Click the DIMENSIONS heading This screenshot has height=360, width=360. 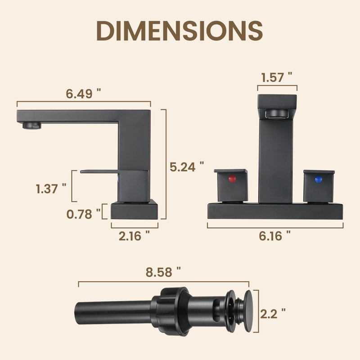[180, 31]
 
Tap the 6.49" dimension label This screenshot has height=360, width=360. [83, 94]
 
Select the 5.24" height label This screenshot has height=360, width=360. [187, 166]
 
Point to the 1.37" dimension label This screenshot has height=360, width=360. [51, 189]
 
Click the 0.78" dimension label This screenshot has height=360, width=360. [83, 214]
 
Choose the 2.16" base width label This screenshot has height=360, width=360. [134, 236]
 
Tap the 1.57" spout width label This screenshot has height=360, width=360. [277, 77]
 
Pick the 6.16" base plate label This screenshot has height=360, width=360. [274, 236]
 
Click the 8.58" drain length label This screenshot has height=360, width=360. [163, 272]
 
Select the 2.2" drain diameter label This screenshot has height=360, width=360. [273, 314]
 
